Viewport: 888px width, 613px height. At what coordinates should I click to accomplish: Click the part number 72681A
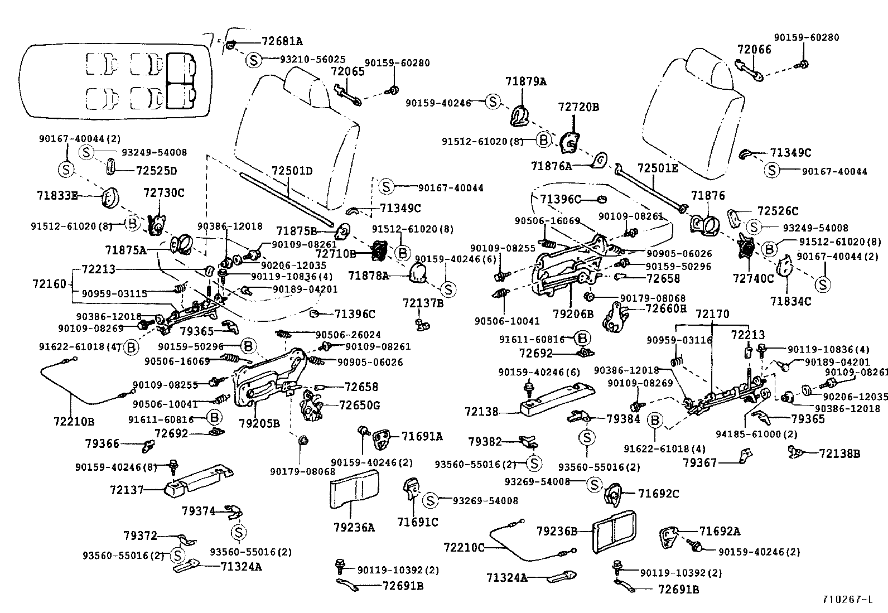[282, 41]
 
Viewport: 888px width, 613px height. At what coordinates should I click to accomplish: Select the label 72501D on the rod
[292, 170]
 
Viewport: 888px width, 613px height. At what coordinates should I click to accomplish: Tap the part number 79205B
[259, 423]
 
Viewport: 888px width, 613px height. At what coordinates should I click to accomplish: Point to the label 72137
[127, 490]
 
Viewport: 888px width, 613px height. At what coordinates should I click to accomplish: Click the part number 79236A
[354, 527]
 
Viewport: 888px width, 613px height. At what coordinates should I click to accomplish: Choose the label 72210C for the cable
[465, 547]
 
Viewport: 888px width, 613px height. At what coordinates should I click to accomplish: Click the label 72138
[481, 412]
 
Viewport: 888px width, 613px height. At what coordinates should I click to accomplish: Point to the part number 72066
[754, 49]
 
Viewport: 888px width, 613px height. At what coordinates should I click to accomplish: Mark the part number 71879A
[526, 81]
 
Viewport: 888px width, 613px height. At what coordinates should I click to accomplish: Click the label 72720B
[578, 107]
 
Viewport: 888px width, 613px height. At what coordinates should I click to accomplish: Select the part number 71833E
[57, 195]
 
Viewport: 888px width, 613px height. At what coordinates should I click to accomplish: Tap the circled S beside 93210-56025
[253, 59]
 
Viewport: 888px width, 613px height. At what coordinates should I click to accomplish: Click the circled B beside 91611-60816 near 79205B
[214, 417]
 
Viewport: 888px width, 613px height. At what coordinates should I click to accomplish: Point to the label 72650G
[360, 405]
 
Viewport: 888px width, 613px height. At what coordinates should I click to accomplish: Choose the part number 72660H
[665, 308]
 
